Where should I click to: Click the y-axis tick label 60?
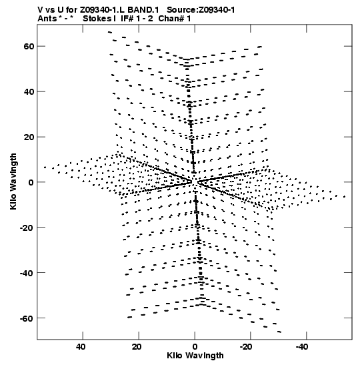click(29, 46)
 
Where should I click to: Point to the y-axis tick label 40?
click(29, 91)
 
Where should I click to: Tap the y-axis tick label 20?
click(29, 137)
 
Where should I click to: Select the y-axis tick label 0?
click(31, 182)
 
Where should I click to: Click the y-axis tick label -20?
click(27, 228)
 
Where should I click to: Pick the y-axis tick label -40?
click(27, 273)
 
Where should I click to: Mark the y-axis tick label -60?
click(27, 318)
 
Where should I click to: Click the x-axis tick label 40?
click(81, 347)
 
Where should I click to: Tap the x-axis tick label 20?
click(137, 347)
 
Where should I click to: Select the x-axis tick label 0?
click(195, 347)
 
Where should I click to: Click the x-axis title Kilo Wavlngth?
click(195, 356)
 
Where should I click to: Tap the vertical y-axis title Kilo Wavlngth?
click(13, 181)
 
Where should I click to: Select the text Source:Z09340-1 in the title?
click(201, 10)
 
